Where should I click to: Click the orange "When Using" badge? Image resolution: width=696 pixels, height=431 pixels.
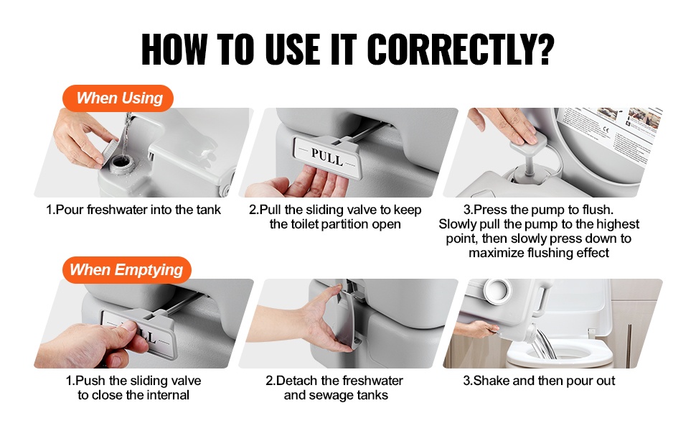click(x=118, y=98)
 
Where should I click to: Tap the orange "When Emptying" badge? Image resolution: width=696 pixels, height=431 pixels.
click(x=126, y=269)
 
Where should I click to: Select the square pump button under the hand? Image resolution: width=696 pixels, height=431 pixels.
click(x=528, y=140)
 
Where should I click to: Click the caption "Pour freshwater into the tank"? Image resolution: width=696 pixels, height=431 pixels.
click(x=133, y=210)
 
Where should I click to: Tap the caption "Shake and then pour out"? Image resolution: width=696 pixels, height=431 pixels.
click(x=539, y=381)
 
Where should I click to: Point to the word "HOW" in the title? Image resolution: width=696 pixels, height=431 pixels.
click(x=174, y=49)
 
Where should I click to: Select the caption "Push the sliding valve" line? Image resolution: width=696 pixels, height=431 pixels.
click(x=133, y=381)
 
